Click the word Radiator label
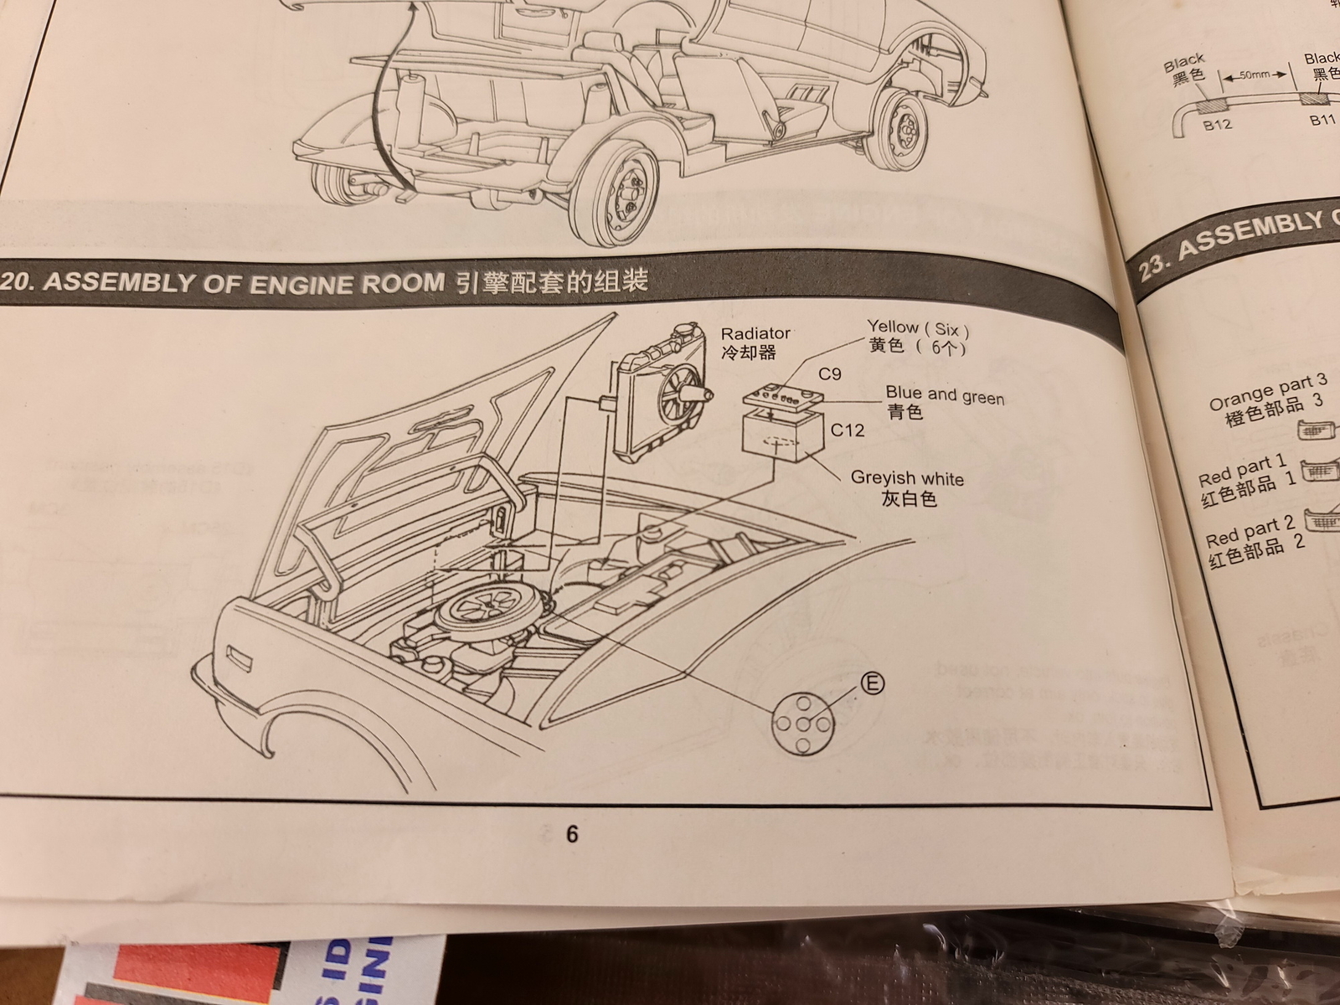click(755, 333)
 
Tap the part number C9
click(829, 374)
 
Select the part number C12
click(847, 430)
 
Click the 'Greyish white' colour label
click(906, 479)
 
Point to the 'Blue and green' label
click(944, 395)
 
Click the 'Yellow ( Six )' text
click(918, 328)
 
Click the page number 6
click(572, 834)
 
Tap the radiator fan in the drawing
click(677, 394)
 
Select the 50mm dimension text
click(1253, 75)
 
